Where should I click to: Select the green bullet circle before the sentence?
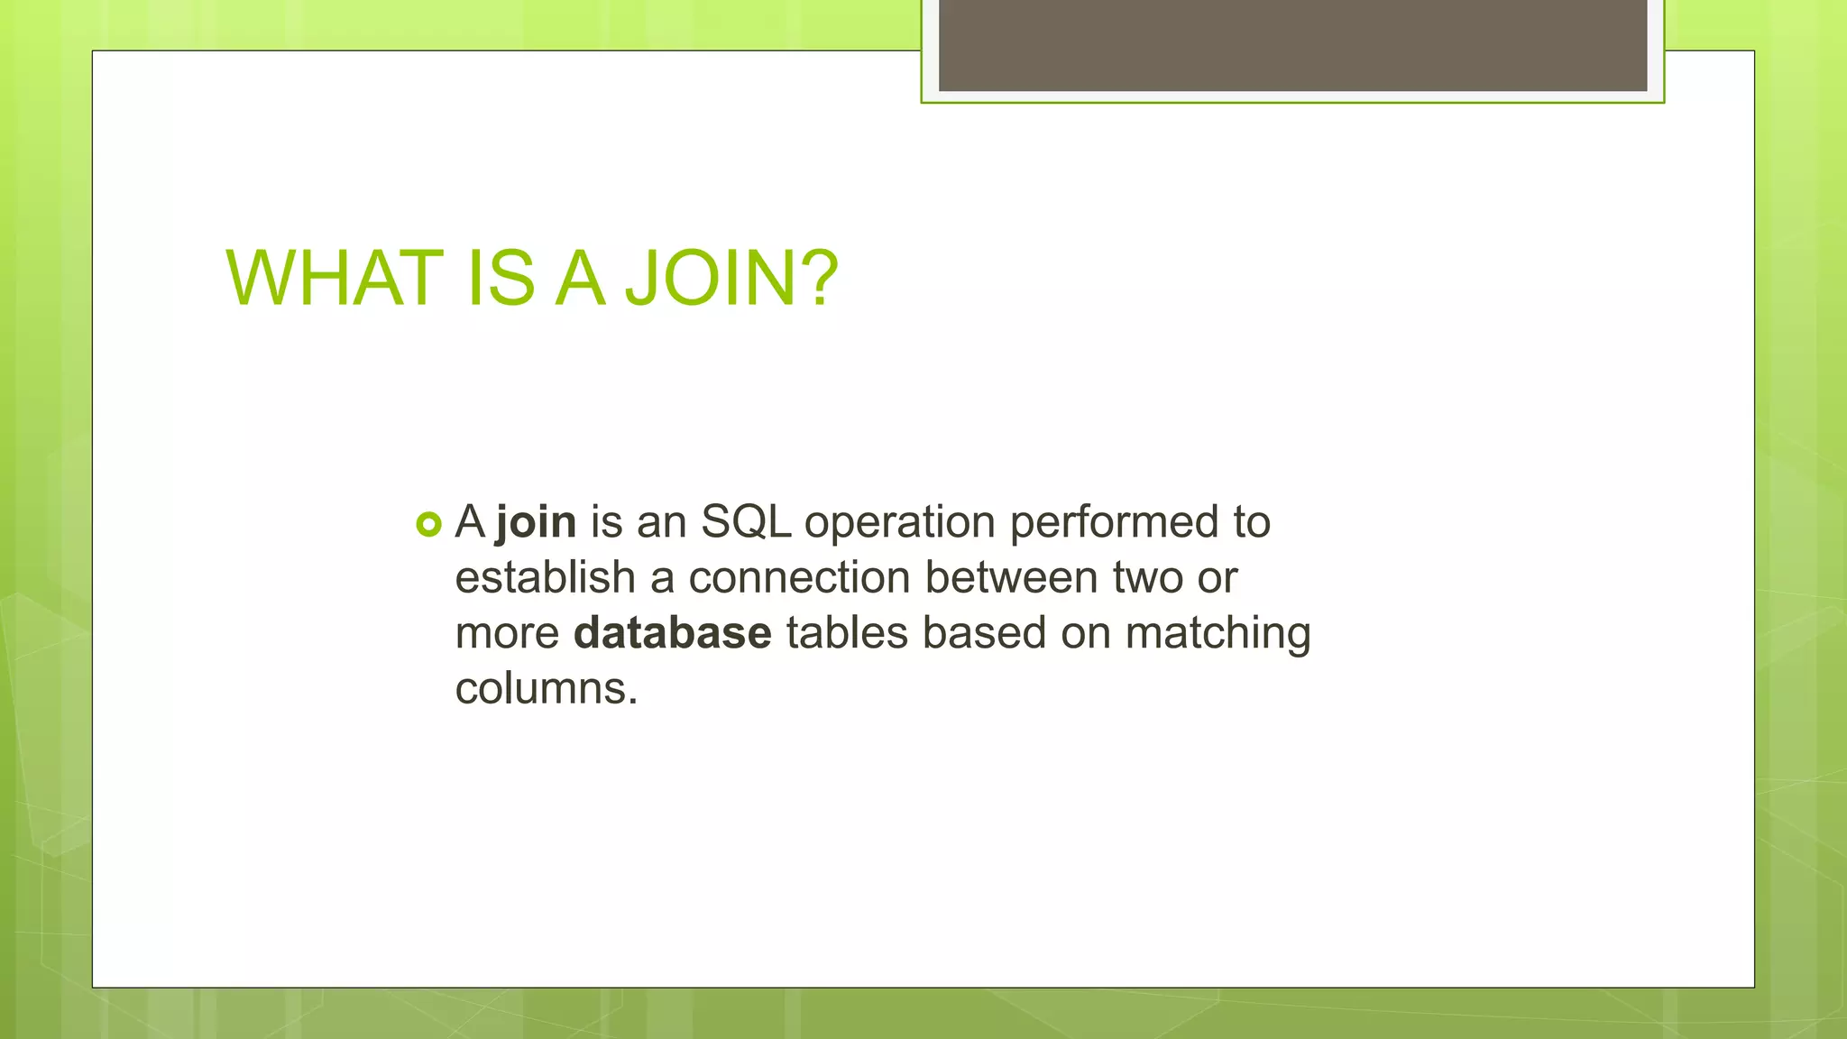(429, 524)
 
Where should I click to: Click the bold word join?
(536, 522)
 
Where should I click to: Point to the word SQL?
(746, 522)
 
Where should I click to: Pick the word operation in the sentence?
(899, 524)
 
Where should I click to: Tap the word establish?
(545, 577)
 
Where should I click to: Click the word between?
(1011, 577)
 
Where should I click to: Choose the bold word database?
(672, 633)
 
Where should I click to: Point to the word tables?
(847, 633)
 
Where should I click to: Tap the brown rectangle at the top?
(1292, 45)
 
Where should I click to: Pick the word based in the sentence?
(984, 633)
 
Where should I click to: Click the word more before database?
(507, 634)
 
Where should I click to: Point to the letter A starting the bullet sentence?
(470, 522)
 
